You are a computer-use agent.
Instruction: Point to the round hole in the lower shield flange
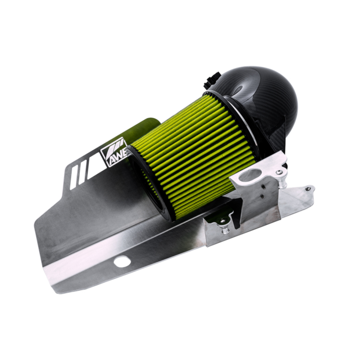[122, 261]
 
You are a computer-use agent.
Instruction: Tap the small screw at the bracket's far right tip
[308, 189]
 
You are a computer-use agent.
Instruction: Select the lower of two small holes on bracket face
[263, 196]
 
